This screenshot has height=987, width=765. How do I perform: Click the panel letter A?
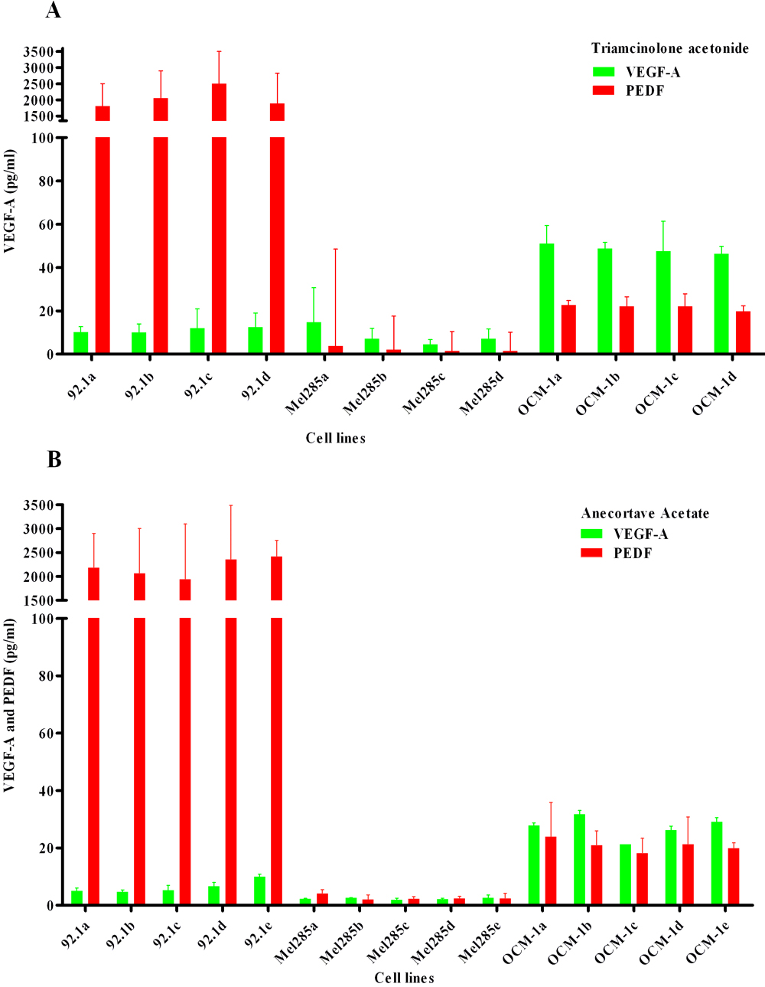[53, 11]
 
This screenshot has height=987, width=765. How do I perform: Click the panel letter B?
[54, 459]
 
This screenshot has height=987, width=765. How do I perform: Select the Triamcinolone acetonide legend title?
[669, 48]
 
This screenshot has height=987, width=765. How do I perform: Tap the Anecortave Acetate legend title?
[645, 513]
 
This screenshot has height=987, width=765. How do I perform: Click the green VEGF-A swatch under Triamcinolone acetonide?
[604, 72]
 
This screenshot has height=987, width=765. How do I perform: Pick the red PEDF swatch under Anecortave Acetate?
[591, 553]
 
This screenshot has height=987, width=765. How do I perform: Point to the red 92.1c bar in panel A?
[219, 230]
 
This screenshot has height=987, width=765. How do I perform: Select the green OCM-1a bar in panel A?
[546, 299]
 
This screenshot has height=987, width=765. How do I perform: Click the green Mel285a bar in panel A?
[314, 338]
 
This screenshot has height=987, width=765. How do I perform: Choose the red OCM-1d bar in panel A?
[742, 332]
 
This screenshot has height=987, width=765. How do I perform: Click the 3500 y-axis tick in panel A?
[38, 51]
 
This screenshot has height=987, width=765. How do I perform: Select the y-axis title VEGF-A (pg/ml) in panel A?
[10, 201]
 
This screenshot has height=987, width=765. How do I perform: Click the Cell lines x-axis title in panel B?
[404, 978]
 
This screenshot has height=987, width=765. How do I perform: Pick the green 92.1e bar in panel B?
[259, 891]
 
